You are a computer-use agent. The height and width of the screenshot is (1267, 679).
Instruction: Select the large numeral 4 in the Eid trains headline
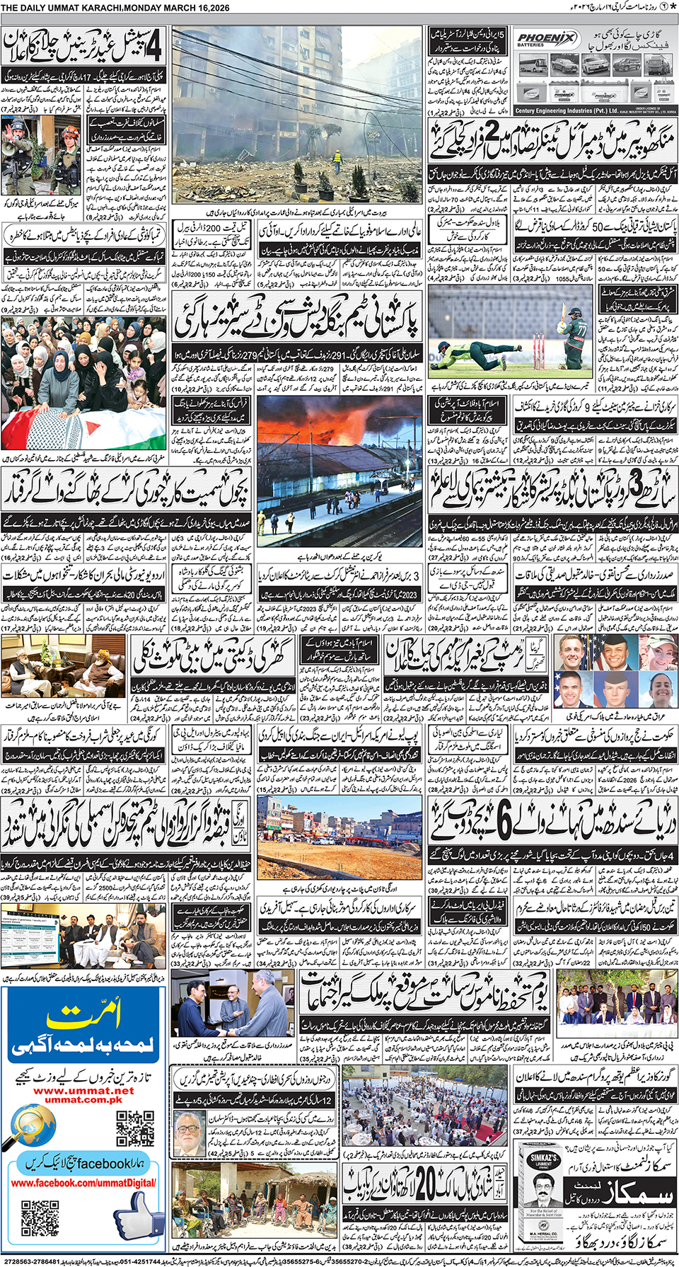151,46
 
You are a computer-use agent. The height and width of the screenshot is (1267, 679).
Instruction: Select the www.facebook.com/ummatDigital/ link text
83,1183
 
